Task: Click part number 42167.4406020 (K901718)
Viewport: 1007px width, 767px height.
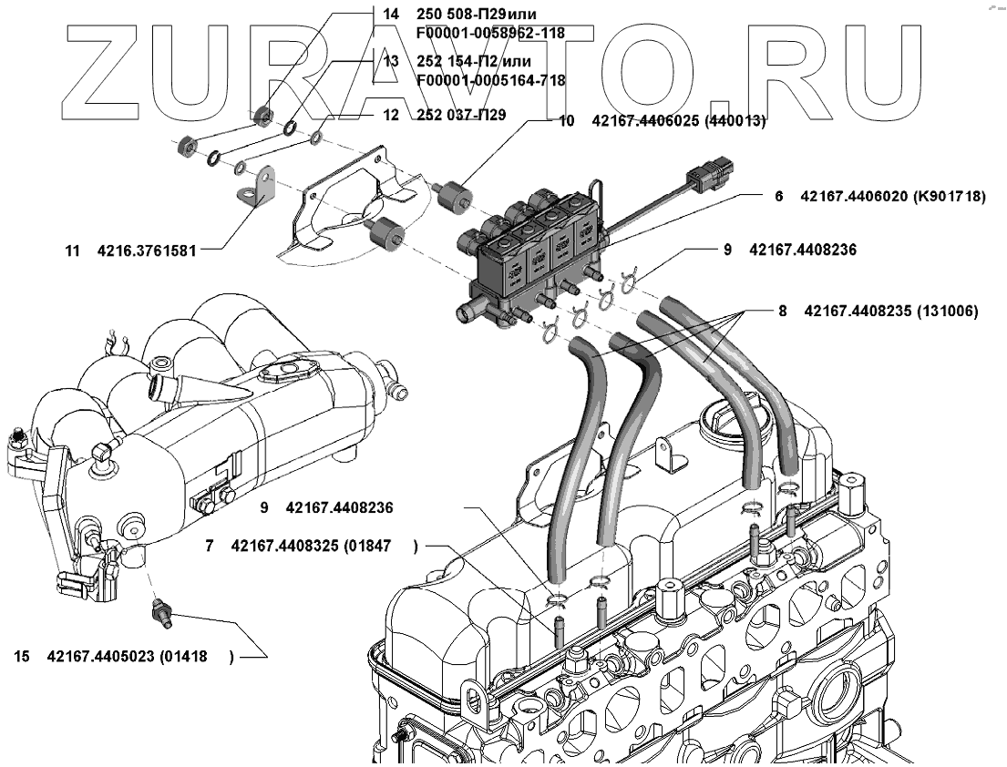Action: (892, 196)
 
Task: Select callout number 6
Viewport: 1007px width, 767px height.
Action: (780, 196)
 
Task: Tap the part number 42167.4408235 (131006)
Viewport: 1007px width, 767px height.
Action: (891, 311)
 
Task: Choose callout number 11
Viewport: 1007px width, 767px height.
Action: (73, 249)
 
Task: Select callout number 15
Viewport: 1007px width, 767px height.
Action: (22, 656)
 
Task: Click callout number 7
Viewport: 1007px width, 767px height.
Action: (210, 547)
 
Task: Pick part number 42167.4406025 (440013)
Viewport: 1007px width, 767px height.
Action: (679, 120)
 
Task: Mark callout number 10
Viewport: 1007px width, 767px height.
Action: (566, 120)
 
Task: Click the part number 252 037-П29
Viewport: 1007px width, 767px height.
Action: (461, 116)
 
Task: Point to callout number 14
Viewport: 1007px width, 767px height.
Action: (391, 15)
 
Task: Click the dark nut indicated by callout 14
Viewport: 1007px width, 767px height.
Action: (263, 114)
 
